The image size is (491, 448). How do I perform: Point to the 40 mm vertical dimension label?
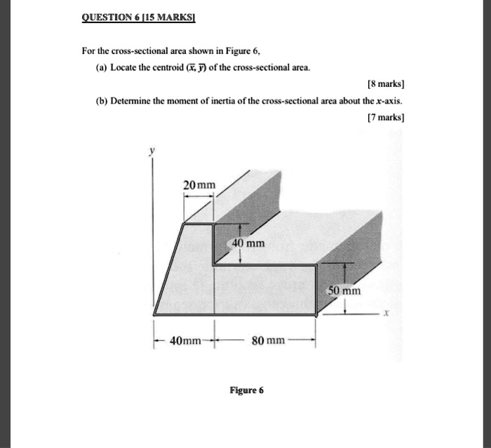point(249,243)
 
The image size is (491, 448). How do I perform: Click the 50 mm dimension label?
point(344,290)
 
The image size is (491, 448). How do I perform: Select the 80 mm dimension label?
point(268,341)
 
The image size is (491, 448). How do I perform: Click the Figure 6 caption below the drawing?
point(245,391)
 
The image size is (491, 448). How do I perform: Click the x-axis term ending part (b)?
point(390,101)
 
